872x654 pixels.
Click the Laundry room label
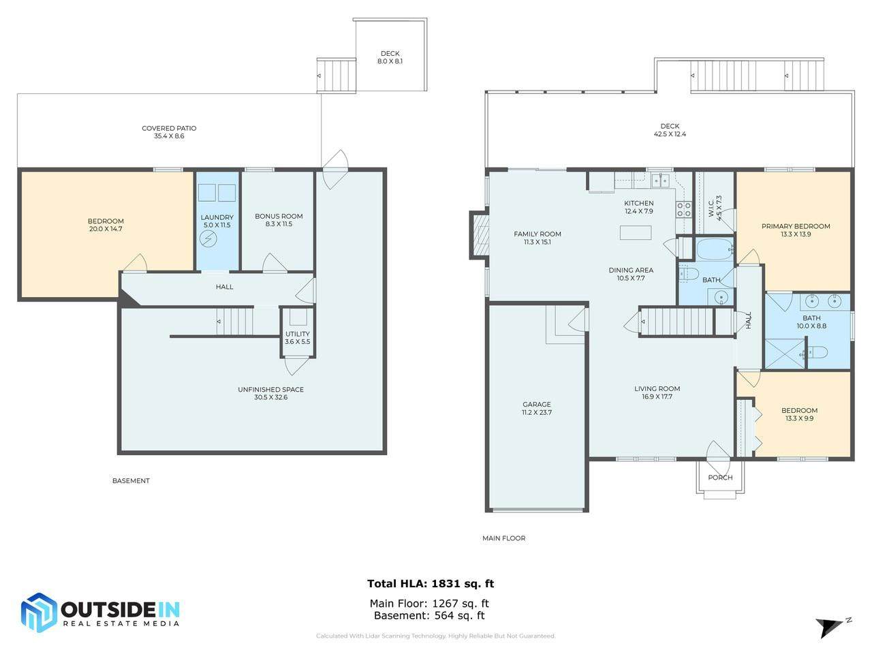click(x=217, y=221)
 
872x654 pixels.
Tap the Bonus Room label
click(x=279, y=220)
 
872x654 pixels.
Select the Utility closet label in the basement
click(x=297, y=337)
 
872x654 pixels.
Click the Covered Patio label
click(x=169, y=132)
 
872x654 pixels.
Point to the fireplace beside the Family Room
click(x=480, y=235)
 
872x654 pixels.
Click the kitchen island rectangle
click(x=635, y=232)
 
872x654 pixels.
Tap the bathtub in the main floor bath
click(x=714, y=249)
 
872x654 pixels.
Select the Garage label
click(x=536, y=408)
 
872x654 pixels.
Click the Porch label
click(x=720, y=478)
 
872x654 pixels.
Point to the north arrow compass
click(x=833, y=627)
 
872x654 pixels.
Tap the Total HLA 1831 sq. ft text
click(x=431, y=583)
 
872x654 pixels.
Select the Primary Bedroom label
click(x=795, y=230)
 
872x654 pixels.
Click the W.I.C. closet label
click(x=715, y=208)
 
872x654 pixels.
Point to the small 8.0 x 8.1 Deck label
click(x=390, y=57)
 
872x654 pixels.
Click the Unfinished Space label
click(x=270, y=393)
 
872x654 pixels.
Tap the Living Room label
click(x=657, y=392)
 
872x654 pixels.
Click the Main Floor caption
click(x=503, y=538)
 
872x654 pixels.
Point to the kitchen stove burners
click(x=684, y=209)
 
